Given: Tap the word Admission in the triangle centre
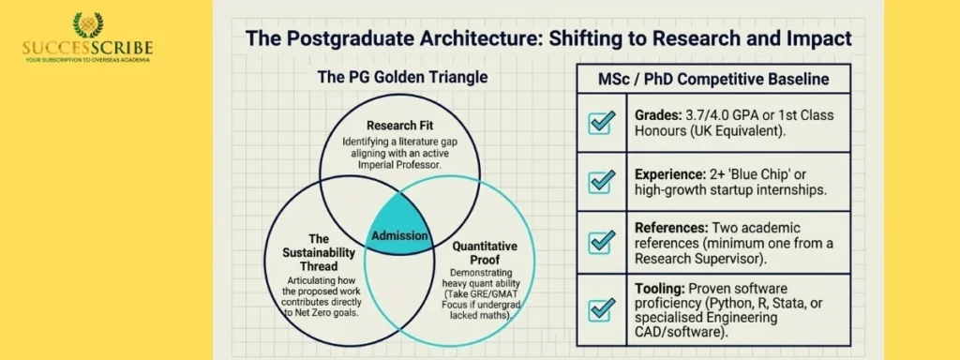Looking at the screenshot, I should pyautogui.click(x=399, y=236).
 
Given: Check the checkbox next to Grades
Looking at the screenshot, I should pyautogui.click(x=601, y=123).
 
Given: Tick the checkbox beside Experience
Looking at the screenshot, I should pyautogui.click(x=601, y=182).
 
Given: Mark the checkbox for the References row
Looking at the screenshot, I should pyautogui.click(x=601, y=241).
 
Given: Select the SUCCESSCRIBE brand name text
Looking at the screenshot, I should pyautogui.click(x=89, y=49).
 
